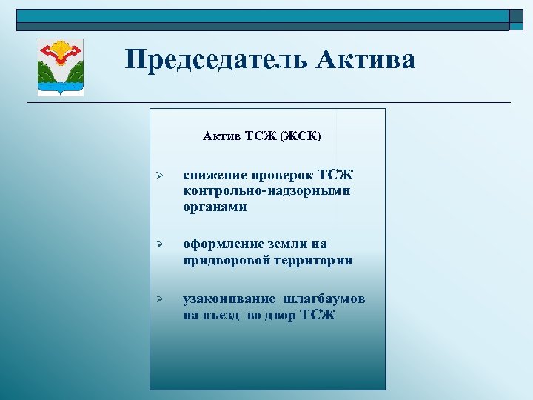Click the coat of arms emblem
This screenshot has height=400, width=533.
(61, 67)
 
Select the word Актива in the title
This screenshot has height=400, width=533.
(366, 59)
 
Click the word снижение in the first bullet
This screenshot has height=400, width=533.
(215, 176)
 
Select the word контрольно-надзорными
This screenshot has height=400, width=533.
(266, 191)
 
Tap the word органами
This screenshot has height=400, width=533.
(215, 207)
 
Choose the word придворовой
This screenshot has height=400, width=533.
(225, 260)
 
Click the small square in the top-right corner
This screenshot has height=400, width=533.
(516, 20)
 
